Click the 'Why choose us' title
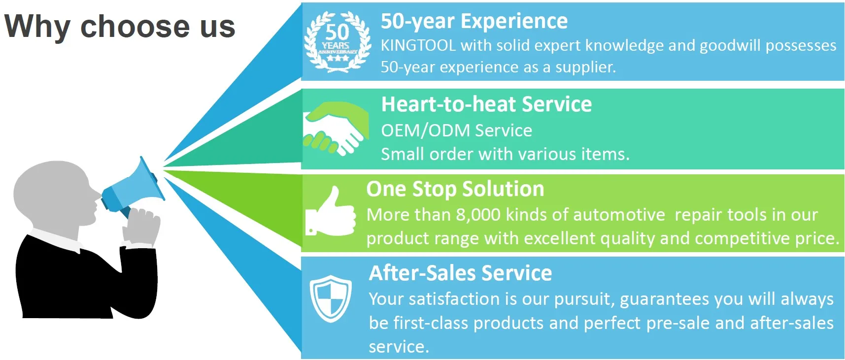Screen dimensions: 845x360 (120, 26)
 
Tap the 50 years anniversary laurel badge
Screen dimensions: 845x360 (338, 42)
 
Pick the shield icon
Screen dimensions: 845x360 (330, 298)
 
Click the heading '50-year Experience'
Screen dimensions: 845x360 (474, 21)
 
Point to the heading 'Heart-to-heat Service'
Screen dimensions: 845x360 (486, 104)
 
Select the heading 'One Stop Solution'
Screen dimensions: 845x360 (455, 189)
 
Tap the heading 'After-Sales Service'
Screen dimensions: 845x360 (460, 273)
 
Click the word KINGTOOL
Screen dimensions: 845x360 (418, 45)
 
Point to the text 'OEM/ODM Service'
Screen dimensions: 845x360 (456, 131)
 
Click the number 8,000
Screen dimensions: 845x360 (478, 215)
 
